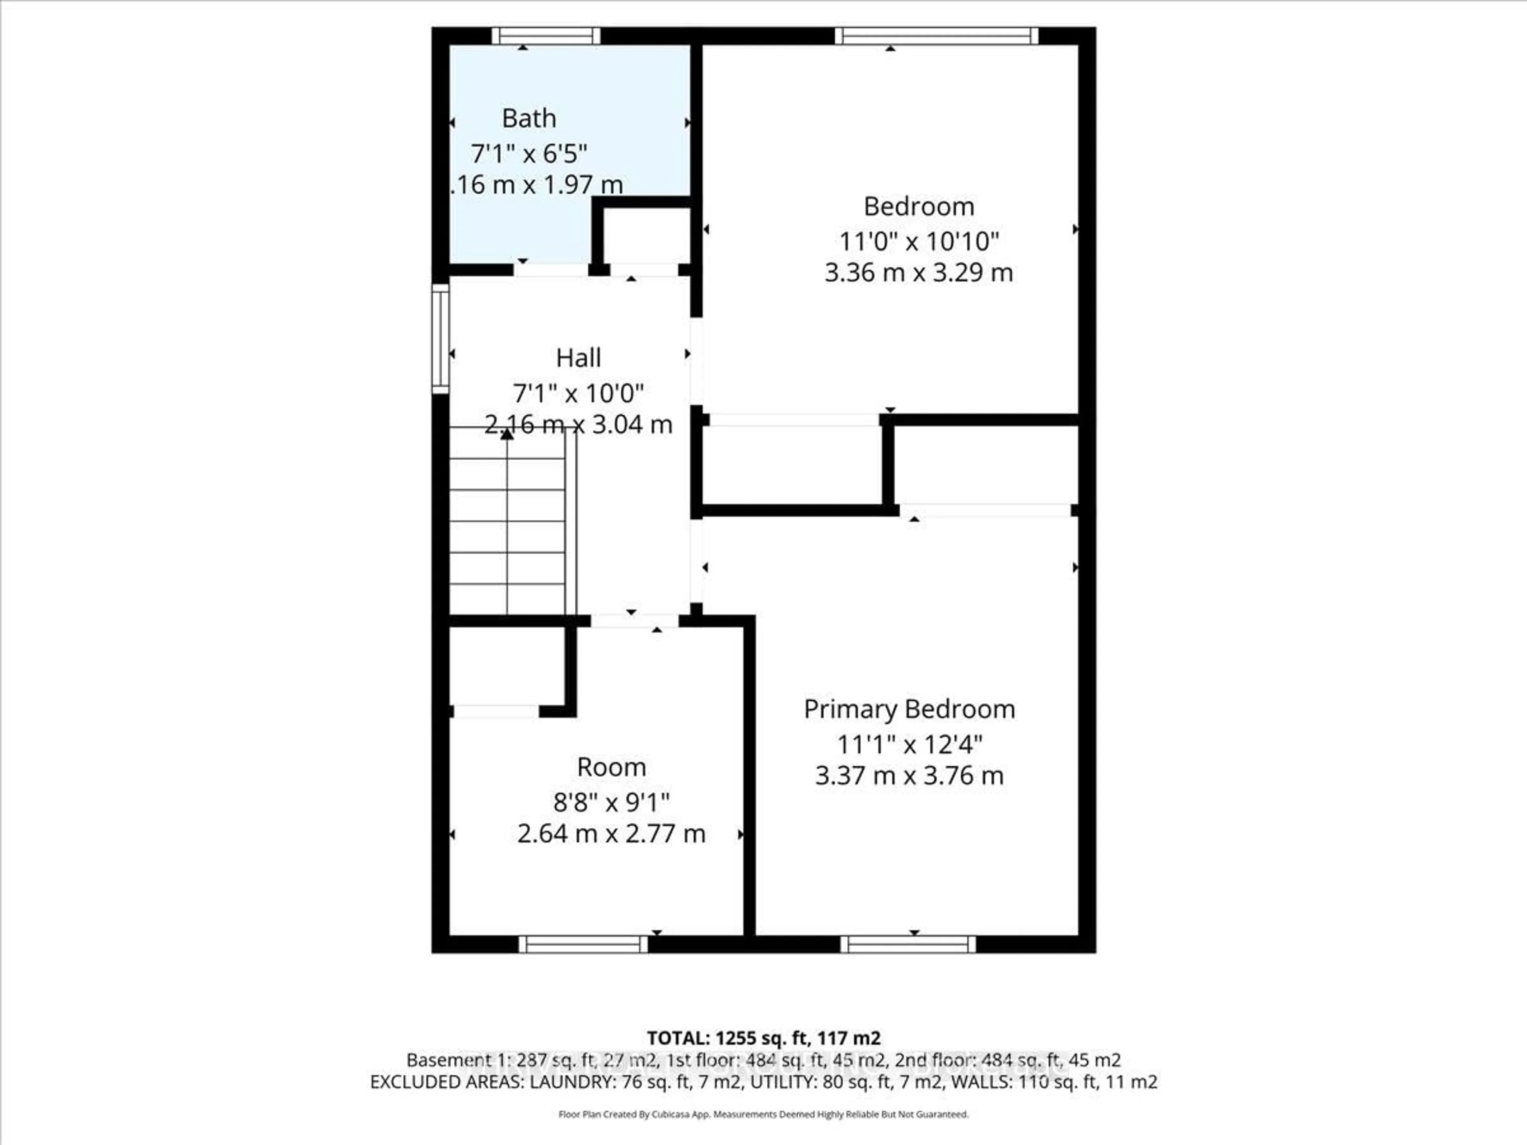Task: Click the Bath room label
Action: point(529,119)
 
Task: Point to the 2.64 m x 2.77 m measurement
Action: point(611,834)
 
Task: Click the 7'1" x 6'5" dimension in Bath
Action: point(529,153)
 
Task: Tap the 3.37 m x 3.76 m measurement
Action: point(909,776)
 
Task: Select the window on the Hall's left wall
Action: point(440,339)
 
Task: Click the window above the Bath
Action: point(546,36)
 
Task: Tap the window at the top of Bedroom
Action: point(936,36)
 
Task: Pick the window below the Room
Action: point(583,944)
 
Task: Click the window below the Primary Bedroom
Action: point(908,944)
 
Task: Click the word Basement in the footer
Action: point(440,1060)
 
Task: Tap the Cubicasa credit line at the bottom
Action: point(763,1114)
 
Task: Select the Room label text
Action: point(611,767)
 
